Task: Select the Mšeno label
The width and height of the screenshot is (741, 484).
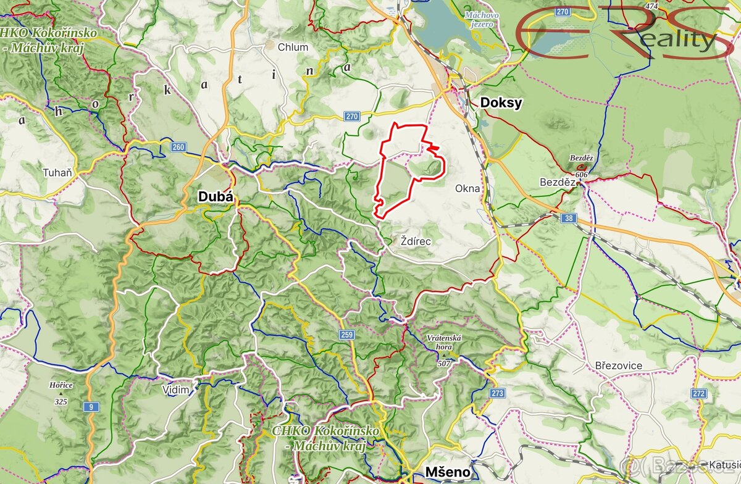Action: click(x=447, y=473)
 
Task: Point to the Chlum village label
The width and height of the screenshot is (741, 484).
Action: click(x=293, y=47)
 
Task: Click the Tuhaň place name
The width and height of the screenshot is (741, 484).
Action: click(x=57, y=173)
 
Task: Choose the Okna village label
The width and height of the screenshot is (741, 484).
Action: click(x=467, y=188)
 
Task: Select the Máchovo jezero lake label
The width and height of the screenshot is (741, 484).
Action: click(x=480, y=19)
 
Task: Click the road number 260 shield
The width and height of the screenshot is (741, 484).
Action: click(x=178, y=147)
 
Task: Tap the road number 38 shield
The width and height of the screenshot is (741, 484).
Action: click(x=569, y=218)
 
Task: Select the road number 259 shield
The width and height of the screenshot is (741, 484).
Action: click(x=346, y=335)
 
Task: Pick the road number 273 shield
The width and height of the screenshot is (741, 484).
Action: click(x=498, y=393)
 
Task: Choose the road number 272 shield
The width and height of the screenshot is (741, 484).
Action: click(x=699, y=393)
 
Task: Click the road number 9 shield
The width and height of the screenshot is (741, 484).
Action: click(x=92, y=406)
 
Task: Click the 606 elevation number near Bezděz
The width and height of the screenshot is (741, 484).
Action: click(x=584, y=176)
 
